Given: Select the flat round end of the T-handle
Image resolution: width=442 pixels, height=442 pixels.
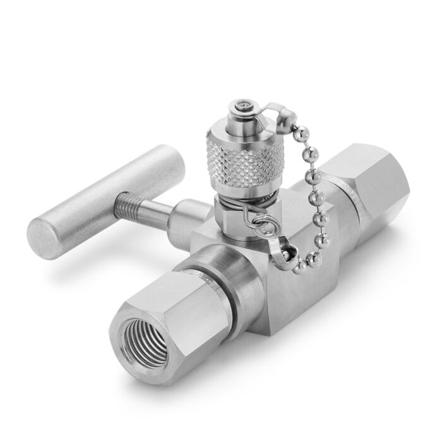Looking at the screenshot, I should point(50,233).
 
